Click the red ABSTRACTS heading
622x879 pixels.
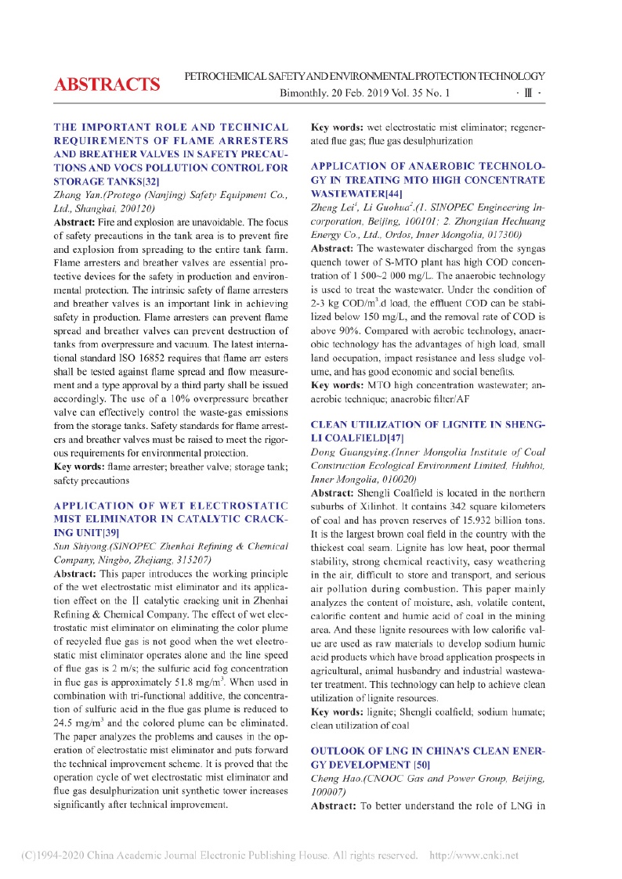pos(107,85)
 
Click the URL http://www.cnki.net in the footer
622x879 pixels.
pos(475,856)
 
